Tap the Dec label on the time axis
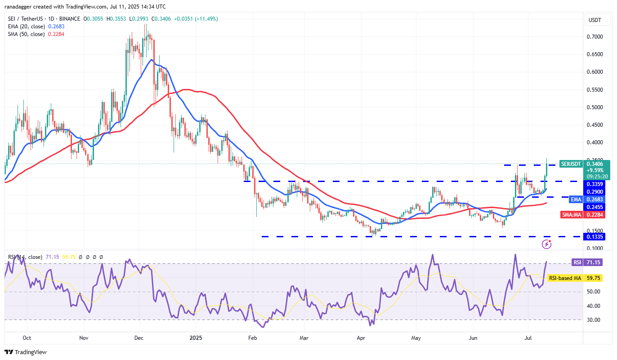pos(139,337)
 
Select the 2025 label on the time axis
pos(196,337)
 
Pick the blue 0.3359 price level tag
pos(594,184)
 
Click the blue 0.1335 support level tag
pos(594,236)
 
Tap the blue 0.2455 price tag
pos(594,207)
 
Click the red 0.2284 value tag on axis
pos(594,215)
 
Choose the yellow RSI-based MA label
pos(565,278)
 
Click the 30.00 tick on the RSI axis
pos(595,320)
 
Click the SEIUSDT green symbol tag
pos(571,164)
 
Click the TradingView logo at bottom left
pos(26,352)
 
